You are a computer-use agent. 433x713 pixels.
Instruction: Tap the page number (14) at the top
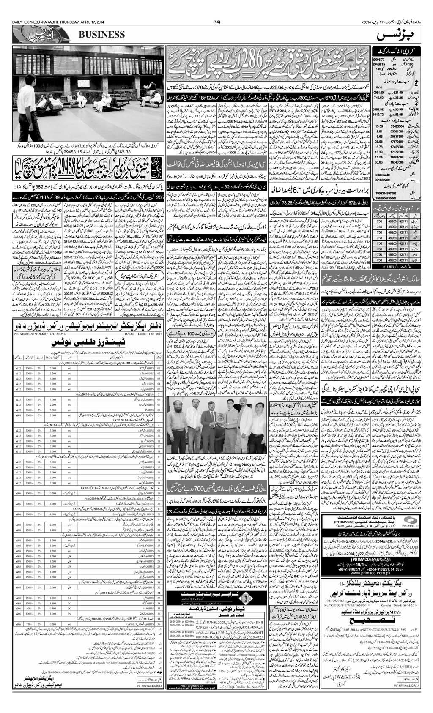point(216,22)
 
